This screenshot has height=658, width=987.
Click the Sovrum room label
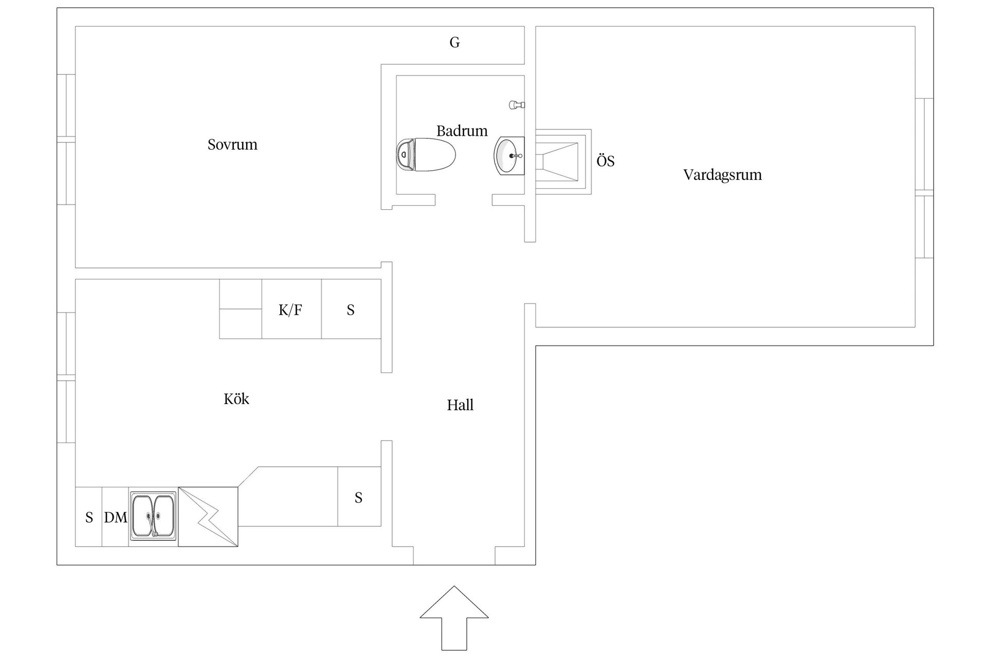coord(232,144)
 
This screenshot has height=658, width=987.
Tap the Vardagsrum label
coord(722,175)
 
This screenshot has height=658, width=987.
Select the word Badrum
coord(462,131)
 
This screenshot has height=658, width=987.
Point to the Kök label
coord(236,399)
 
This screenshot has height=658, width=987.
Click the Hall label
coord(460,405)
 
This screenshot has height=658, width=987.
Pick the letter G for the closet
coord(454,43)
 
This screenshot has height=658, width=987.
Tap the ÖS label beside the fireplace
coord(605,161)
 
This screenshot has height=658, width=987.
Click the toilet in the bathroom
coord(426,154)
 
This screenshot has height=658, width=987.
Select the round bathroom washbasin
coord(509,155)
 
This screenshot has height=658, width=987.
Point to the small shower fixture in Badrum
coord(516,105)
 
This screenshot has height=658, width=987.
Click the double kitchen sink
coord(153,516)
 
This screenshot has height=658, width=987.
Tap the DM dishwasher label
coord(116,517)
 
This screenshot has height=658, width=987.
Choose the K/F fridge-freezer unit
coord(291,309)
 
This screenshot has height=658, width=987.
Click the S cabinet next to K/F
coord(351,309)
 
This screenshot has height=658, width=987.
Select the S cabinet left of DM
coord(89,517)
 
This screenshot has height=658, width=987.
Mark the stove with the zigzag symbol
coord(208,517)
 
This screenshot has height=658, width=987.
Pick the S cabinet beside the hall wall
coord(359,497)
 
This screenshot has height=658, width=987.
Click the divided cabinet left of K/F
coord(241,309)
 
